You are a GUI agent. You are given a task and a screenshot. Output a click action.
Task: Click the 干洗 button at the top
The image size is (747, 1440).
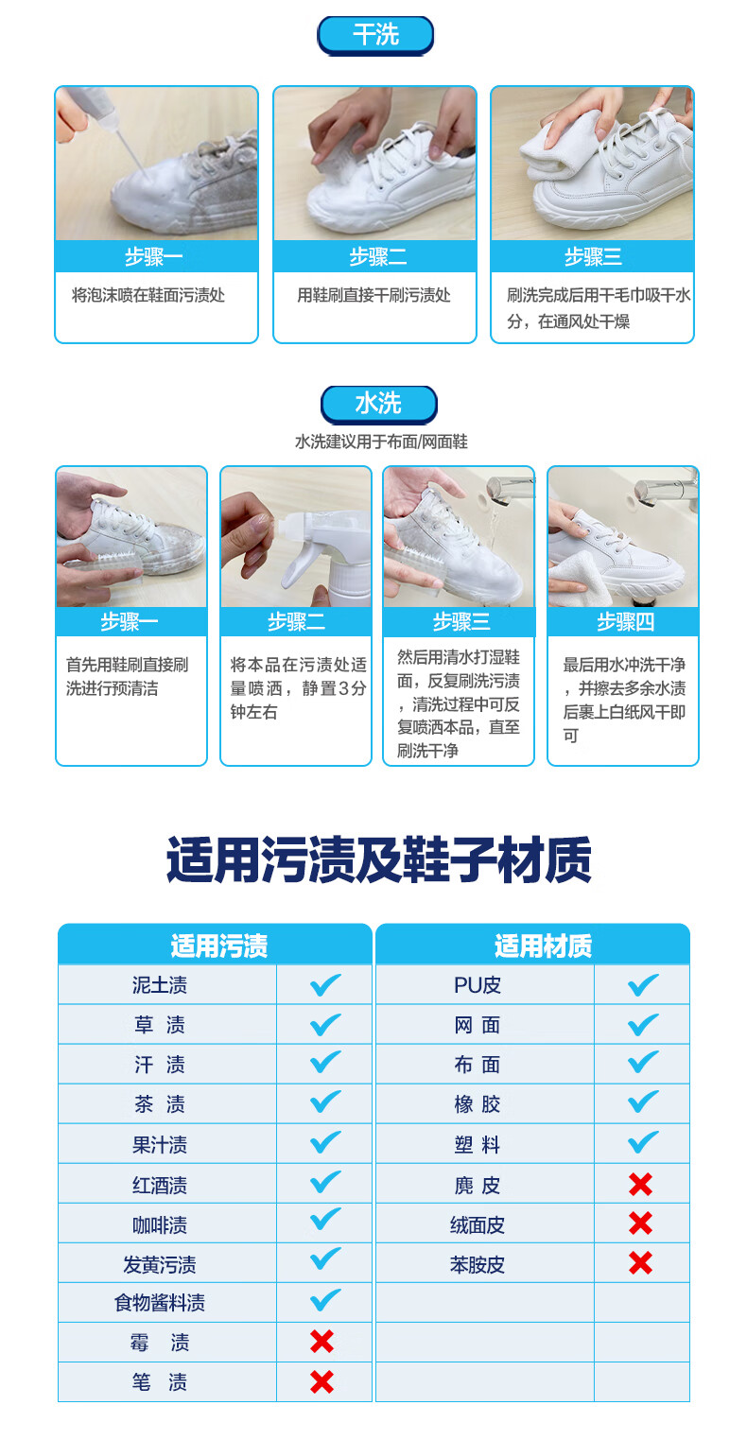(x=375, y=35)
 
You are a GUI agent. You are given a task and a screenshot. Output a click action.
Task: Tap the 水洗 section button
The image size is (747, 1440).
(x=378, y=405)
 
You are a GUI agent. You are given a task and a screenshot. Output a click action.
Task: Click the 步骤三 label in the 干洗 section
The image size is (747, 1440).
(x=593, y=256)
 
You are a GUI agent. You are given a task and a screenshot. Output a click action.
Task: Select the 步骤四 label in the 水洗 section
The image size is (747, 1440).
(x=625, y=621)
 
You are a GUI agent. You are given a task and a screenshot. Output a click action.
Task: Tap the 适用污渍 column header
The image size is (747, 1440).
(x=218, y=946)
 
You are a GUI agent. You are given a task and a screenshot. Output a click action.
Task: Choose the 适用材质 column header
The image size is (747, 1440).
(x=543, y=946)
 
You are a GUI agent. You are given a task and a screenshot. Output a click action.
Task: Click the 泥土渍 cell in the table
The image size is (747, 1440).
(x=160, y=985)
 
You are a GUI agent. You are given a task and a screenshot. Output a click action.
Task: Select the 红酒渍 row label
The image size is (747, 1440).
(x=160, y=1185)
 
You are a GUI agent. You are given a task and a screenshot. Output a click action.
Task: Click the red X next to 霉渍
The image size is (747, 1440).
(x=321, y=1342)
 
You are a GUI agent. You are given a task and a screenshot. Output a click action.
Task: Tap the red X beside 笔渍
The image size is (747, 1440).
(x=321, y=1381)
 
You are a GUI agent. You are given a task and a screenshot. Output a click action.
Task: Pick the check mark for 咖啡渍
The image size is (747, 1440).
(x=325, y=1219)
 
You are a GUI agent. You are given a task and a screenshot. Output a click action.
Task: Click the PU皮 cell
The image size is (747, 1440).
(x=477, y=985)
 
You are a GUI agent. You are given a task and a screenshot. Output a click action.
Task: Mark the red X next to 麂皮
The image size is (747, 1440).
(x=640, y=1184)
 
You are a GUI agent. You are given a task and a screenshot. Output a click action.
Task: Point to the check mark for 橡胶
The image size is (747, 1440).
(x=643, y=1102)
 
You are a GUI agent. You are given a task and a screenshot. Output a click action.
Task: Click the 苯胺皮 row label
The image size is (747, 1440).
(x=477, y=1264)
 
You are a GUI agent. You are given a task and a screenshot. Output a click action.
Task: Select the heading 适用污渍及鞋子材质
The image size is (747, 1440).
(x=378, y=860)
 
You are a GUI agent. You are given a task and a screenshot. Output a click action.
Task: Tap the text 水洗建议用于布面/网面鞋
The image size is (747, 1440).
(x=381, y=442)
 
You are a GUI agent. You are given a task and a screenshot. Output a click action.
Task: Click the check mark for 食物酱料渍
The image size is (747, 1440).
(x=325, y=1300)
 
